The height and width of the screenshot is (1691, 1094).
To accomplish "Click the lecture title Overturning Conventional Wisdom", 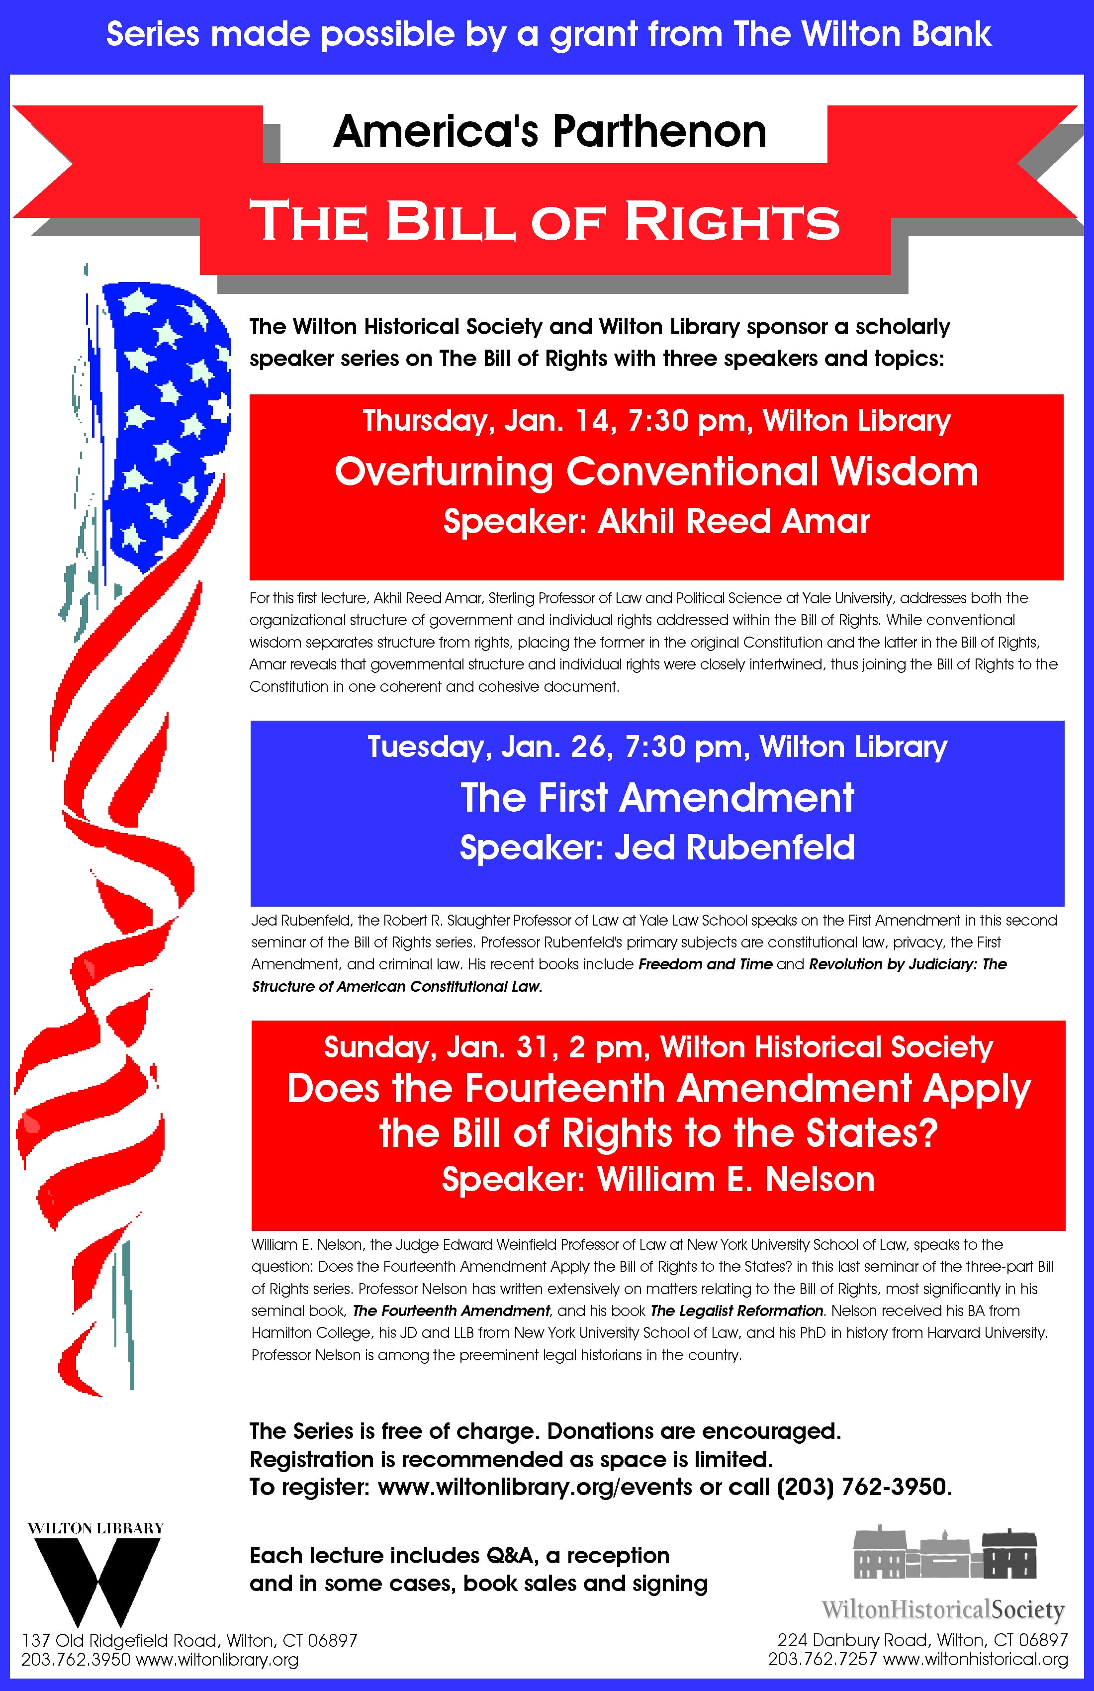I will (656, 472).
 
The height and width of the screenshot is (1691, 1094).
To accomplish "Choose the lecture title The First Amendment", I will (657, 797).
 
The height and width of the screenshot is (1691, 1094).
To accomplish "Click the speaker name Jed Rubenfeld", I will (734, 847).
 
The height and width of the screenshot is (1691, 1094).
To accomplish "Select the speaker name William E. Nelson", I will (735, 1179).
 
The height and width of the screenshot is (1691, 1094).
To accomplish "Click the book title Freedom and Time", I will (705, 964).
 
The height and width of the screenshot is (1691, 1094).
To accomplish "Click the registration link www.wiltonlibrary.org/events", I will (534, 1487).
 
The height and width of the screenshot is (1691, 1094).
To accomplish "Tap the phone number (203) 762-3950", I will (862, 1487).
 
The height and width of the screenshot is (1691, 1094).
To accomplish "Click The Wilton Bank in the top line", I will (862, 34).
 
